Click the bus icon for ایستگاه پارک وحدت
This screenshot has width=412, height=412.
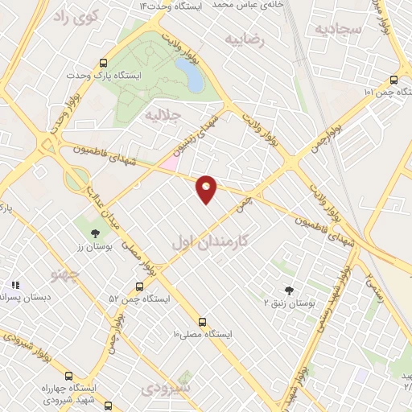pos(103,63)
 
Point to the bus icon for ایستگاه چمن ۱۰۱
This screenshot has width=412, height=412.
pos(393,80)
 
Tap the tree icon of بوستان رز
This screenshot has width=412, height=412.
pos(96,233)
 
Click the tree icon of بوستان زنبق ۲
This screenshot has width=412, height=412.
pos(289,290)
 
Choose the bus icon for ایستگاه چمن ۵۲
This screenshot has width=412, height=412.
pos(140,286)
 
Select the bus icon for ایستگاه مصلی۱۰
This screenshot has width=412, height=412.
pos(202,321)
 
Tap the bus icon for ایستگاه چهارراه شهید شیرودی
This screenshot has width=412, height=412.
pos(68,375)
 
